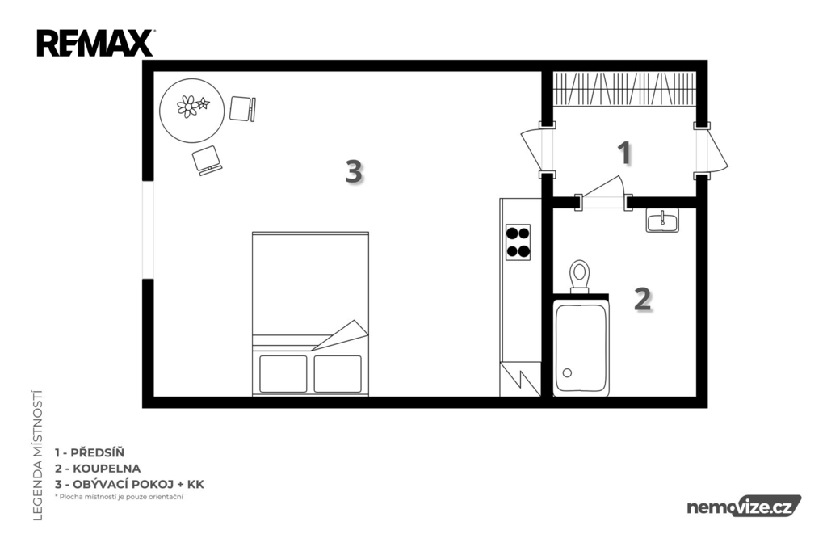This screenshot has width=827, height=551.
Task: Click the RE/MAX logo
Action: [95, 43]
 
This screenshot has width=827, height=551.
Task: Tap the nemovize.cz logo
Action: [744, 507]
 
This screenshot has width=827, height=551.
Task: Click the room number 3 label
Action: [354, 171]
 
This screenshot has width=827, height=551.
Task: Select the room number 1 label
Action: [625, 153]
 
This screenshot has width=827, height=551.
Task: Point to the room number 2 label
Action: [642, 299]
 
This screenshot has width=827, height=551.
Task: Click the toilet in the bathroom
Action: [580, 276]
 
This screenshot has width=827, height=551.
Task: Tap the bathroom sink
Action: [662, 220]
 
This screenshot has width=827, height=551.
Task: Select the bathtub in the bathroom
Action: [581, 348]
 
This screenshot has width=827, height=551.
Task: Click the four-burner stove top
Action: [518, 242]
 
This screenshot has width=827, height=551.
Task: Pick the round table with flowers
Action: [192, 111]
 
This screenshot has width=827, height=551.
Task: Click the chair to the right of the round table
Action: [242, 109]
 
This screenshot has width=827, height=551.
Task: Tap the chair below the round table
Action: [207, 161]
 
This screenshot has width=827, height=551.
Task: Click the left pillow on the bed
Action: [283, 374]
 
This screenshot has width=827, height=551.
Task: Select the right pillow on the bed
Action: [338, 374]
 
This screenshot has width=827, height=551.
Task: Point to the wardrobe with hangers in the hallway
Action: [624, 88]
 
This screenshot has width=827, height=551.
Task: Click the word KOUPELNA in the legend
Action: [107, 469]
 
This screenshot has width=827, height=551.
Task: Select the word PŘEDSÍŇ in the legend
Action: [98, 452]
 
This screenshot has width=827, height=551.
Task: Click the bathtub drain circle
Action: [568, 373]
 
